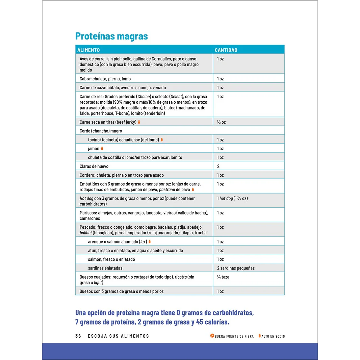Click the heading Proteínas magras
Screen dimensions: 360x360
(x=111, y=36)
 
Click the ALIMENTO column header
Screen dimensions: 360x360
(x=88, y=50)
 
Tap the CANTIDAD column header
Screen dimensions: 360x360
(x=226, y=50)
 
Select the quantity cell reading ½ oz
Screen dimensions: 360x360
(x=221, y=122)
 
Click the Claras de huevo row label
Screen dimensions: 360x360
(x=94, y=166)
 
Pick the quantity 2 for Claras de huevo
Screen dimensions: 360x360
(x=218, y=166)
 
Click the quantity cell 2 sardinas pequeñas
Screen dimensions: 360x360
(x=236, y=268)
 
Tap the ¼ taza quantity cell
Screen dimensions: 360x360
(x=223, y=277)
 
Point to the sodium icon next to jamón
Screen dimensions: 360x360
(x=102, y=148)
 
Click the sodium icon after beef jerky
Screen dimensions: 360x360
(x=139, y=122)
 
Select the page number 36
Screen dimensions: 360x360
(x=78, y=336)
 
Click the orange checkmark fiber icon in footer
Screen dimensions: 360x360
(x=212, y=336)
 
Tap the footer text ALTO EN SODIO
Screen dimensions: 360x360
(x=273, y=336)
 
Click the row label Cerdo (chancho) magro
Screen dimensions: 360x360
(x=101, y=131)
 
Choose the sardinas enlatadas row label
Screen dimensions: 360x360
(x=105, y=268)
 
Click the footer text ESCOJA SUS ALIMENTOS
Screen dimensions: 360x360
(x=118, y=336)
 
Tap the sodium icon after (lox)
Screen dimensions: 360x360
(x=150, y=241)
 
